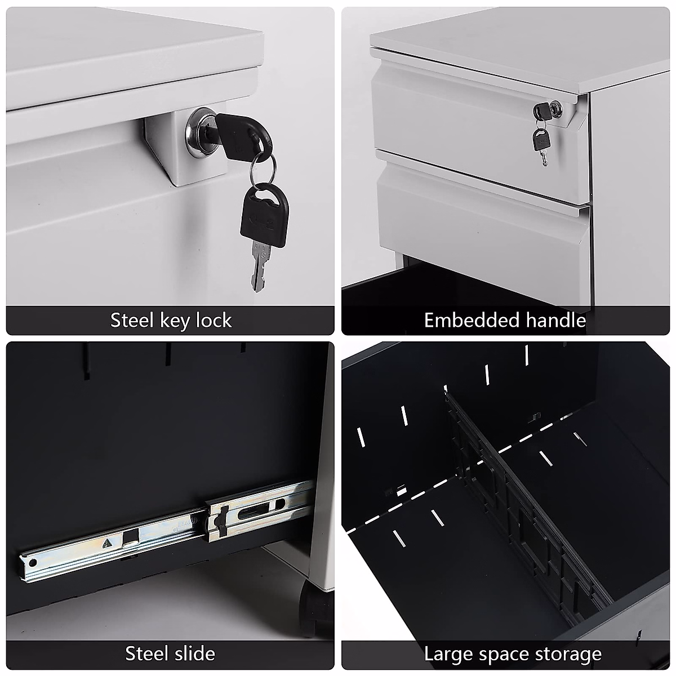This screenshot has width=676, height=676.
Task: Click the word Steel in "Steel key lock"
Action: [132, 321]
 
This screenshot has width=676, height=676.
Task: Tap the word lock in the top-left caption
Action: [214, 321]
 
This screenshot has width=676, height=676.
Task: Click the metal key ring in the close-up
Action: [262, 167]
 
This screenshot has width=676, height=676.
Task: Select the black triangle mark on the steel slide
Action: [106, 544]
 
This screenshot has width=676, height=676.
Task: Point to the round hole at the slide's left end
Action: [32, 563]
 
